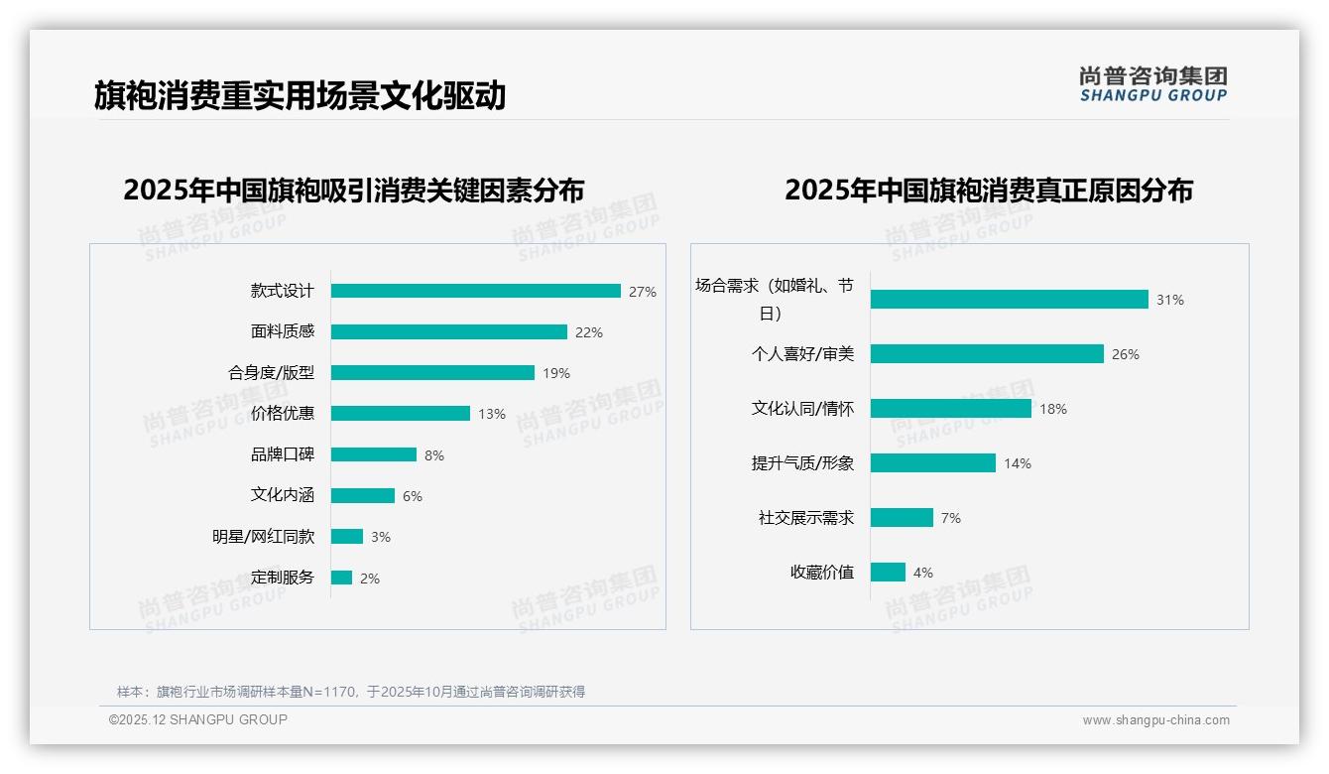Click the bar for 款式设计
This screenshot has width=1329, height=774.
(475, 291)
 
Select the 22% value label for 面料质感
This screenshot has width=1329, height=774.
(588, 332)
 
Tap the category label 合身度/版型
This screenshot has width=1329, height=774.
(271, 373)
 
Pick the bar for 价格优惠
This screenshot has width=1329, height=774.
(400, 414)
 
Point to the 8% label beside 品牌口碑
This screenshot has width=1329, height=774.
(433, 455)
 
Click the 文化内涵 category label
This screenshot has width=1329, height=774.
(282, 495)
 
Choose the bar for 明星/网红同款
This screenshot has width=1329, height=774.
(346, 537)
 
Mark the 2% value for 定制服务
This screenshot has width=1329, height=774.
(369, 579)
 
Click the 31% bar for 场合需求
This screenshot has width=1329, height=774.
(1009, 300)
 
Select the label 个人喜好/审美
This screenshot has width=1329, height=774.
(801, 354)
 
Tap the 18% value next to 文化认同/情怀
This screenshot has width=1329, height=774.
(1052, 409)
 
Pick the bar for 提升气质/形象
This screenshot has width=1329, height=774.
(932, 463)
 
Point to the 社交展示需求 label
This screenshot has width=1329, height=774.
(805, 518)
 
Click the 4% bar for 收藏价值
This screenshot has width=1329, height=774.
(888, 573)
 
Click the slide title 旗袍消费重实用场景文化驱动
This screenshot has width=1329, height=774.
(300, 95)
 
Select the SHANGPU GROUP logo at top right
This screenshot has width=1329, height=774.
(1152, 84)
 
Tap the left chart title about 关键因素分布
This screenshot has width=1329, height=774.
(353, 190)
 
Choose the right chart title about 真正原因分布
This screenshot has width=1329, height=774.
(988, 190)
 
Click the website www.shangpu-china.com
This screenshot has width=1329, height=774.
(1155, 720)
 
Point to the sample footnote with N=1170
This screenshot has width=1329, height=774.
(351, 692)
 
